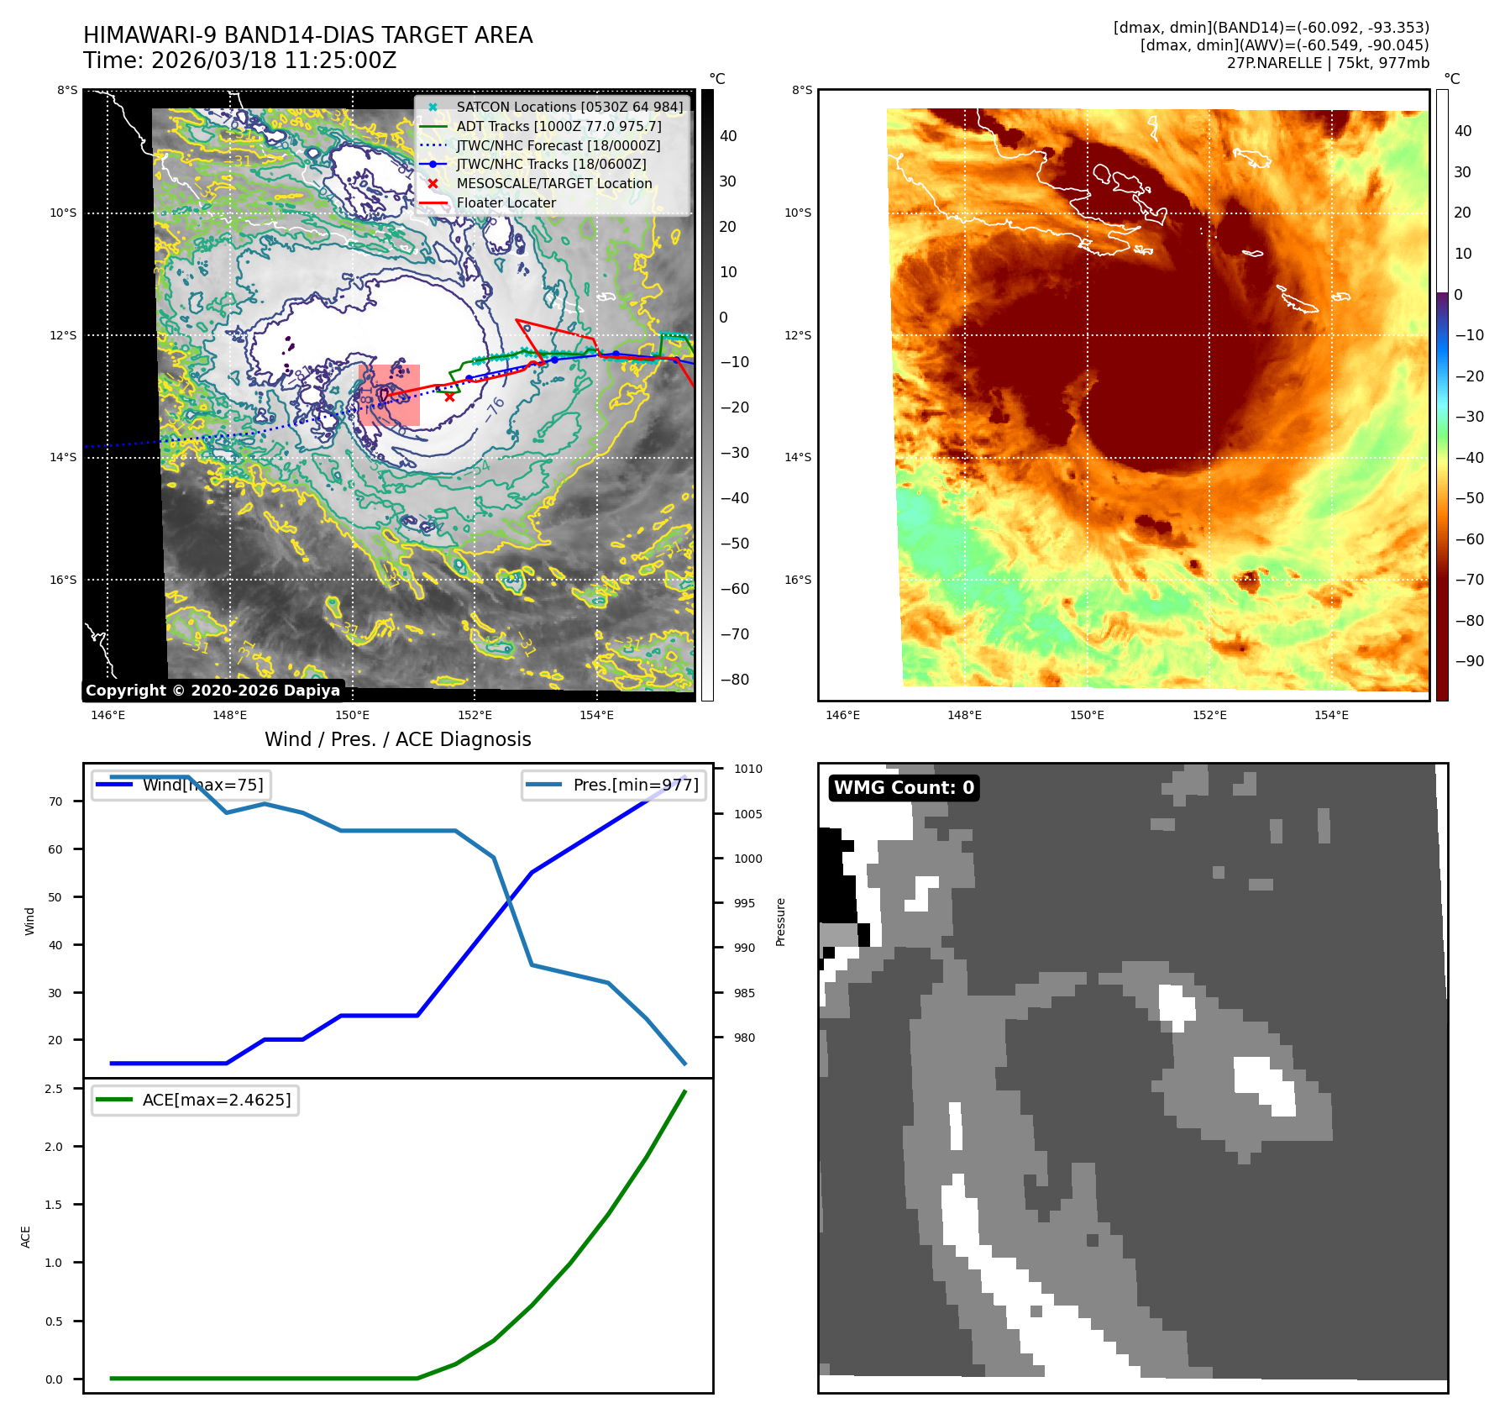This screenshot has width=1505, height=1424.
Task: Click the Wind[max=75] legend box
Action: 181,785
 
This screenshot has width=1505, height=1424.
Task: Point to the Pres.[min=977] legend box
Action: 613,785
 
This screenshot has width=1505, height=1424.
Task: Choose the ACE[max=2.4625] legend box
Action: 195,1100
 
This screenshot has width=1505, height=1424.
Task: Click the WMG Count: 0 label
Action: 904,787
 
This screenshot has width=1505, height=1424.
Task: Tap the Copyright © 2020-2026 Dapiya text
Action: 212,691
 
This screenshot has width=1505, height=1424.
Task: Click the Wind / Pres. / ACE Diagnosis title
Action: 397,739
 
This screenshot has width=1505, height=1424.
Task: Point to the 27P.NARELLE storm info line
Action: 1327,63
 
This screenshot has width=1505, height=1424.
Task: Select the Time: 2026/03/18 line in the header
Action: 239,60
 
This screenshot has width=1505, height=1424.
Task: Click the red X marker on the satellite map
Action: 450,397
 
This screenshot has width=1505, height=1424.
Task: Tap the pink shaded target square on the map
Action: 389,395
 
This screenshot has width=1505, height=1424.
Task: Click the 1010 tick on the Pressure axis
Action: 747,769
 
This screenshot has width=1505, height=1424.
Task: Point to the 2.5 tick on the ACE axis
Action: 54,1089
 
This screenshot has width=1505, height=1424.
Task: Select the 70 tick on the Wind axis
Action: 55,801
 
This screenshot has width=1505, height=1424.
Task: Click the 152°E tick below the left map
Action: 475,715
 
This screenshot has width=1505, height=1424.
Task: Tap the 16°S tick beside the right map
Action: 798,580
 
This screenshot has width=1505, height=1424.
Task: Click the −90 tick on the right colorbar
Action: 1469,661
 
